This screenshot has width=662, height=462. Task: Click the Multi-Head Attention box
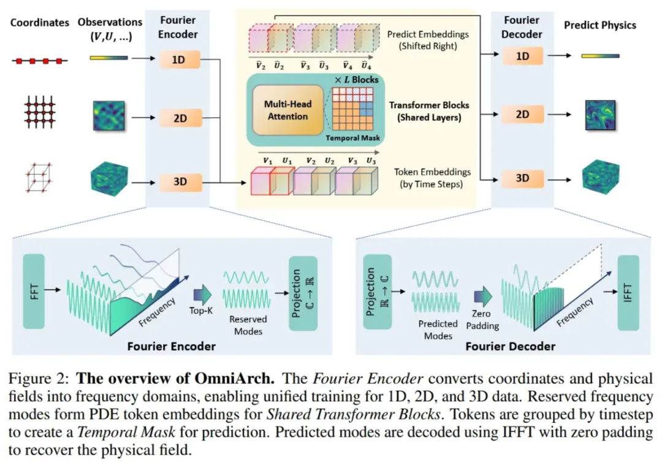tap(287, 110)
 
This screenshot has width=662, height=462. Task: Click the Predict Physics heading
tap(600, 25)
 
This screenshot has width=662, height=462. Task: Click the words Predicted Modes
tap(438, 329)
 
